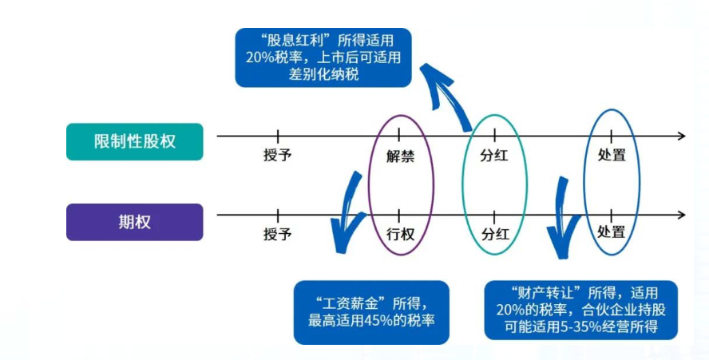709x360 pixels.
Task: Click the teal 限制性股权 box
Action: tap(135, 141)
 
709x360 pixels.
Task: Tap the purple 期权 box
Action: tap(135, 222)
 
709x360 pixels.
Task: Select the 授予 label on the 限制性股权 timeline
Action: tap(278, 155)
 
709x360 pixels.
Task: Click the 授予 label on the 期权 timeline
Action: tap(278, 234)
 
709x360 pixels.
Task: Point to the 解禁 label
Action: tap(401, 156)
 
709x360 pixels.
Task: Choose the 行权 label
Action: tap(401, 234)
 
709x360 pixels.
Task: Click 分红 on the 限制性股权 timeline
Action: tap(494, 155)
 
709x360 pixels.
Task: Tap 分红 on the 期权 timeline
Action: tap(495, 234)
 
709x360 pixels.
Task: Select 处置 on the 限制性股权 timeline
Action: tap(612, 155)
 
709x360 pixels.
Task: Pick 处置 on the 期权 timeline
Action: tap(612, 231)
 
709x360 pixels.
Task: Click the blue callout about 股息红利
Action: tap(323, 57)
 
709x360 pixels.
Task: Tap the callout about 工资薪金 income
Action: tap(371, 313)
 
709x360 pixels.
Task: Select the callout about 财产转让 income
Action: tap(581, 310)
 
